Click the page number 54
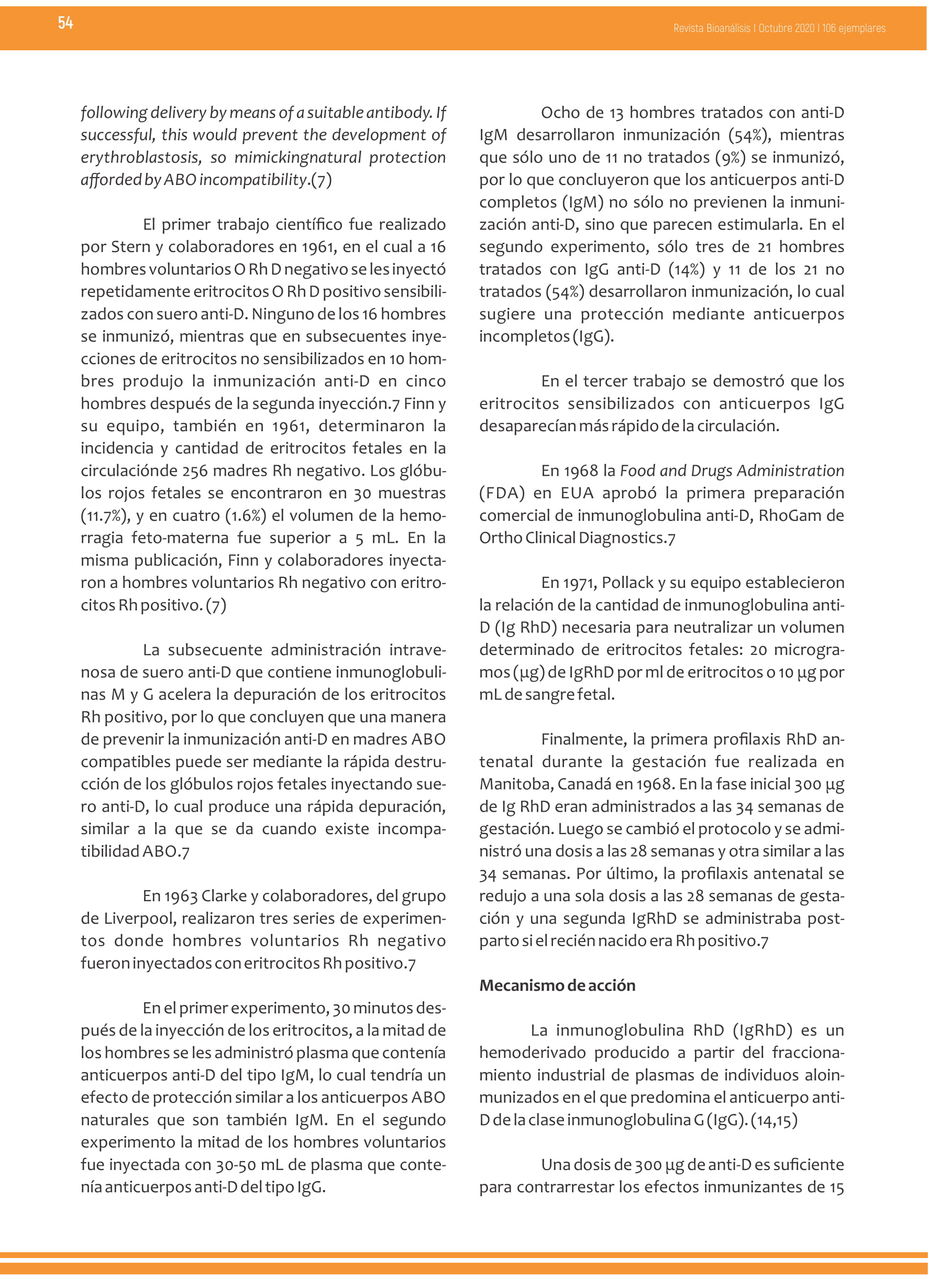pyautogui.click(x=65, y=23)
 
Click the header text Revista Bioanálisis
pyautogui.click(x=712, y=28)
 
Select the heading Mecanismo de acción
pyautogui.click(x=557, y=985)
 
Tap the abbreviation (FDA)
pyautogui.click(x=502, y=493)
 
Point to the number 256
pyautogui.click(x=196, y=471)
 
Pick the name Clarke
pyautogui.click(x=224, y=896)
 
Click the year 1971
pyautogui.click(x=580, y=583)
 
